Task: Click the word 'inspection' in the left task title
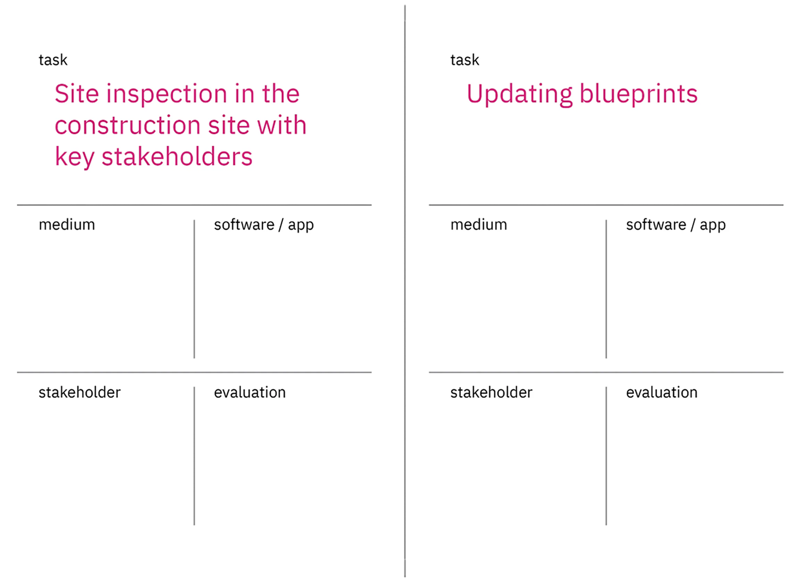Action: (167, 94)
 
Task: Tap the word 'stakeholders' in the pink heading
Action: (177, 156)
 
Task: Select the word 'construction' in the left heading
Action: (128, 125)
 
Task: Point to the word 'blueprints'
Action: (639, 94)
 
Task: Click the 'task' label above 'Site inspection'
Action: (53, 60)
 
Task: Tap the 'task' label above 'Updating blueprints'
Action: (465, 60)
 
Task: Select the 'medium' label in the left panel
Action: (67, 224)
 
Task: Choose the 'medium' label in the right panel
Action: (479, 224)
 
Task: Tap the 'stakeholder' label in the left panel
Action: (80, 392)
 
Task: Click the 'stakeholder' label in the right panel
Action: (492, 392)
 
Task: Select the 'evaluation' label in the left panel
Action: (250, 392)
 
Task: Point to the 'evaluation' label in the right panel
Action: (662, 392)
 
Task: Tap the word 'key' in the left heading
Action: (74, 157)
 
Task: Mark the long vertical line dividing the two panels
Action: (405, 291)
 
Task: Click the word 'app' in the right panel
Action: (713, 226)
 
